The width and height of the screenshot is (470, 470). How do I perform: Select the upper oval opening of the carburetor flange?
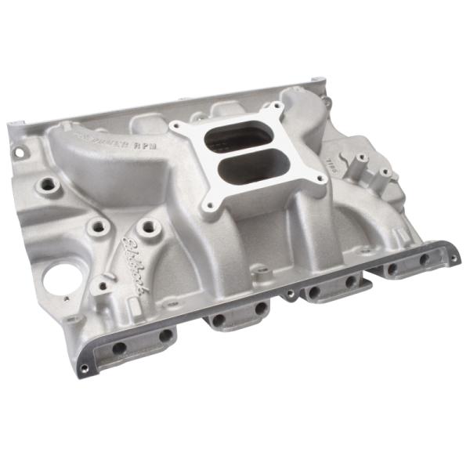point(234,138)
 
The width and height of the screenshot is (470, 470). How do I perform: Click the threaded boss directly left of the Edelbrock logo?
point(98,227)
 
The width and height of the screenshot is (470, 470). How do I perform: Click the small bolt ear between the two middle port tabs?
point(291,295)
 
